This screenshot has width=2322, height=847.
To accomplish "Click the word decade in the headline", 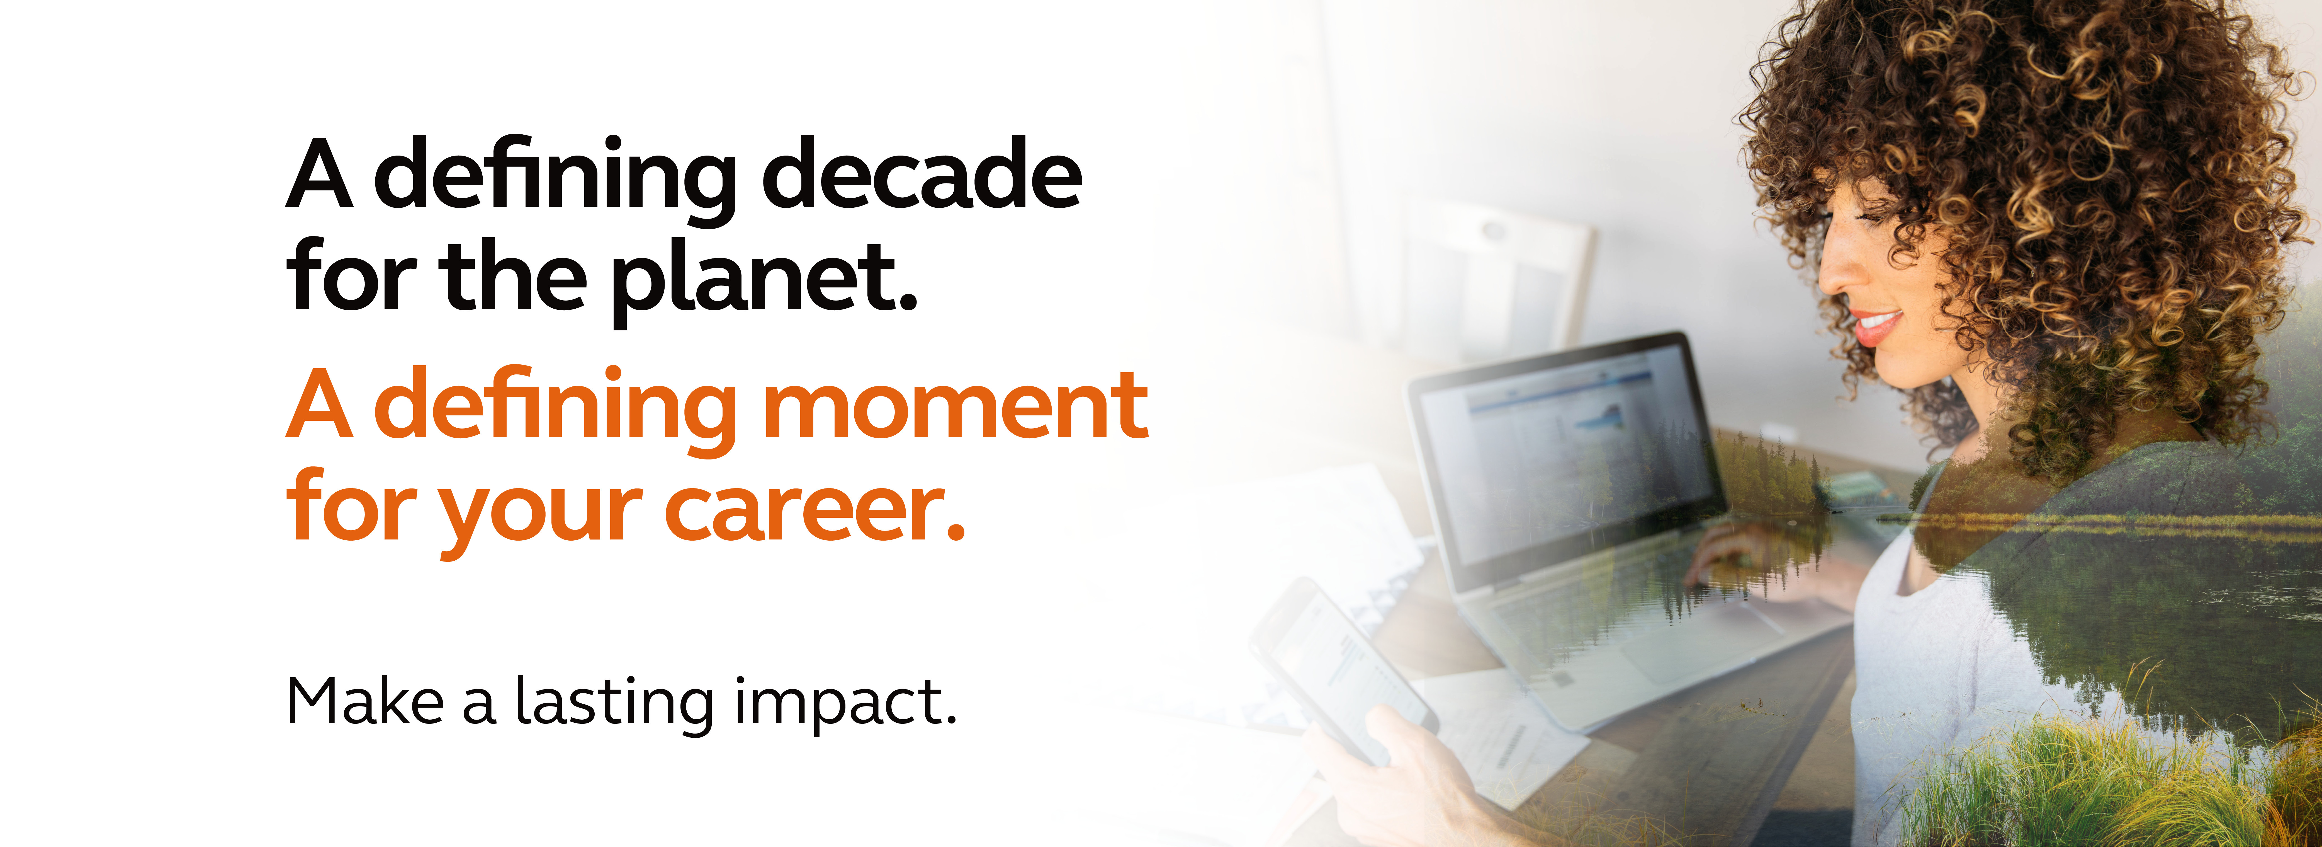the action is (922, 172).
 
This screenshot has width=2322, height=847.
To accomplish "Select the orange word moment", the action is (955, 406).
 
